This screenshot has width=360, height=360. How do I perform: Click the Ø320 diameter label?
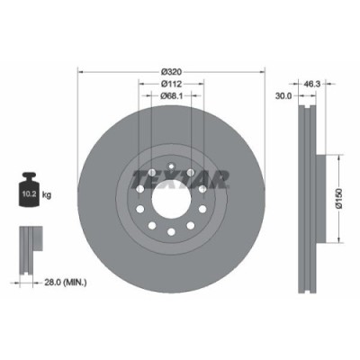click(x=169, y=70)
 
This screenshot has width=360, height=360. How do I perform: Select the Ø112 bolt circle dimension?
click(x=169, y=84)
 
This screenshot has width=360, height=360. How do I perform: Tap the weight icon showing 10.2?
click(x=28, y=190)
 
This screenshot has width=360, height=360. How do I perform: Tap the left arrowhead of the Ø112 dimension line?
click(x=139, y=88)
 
